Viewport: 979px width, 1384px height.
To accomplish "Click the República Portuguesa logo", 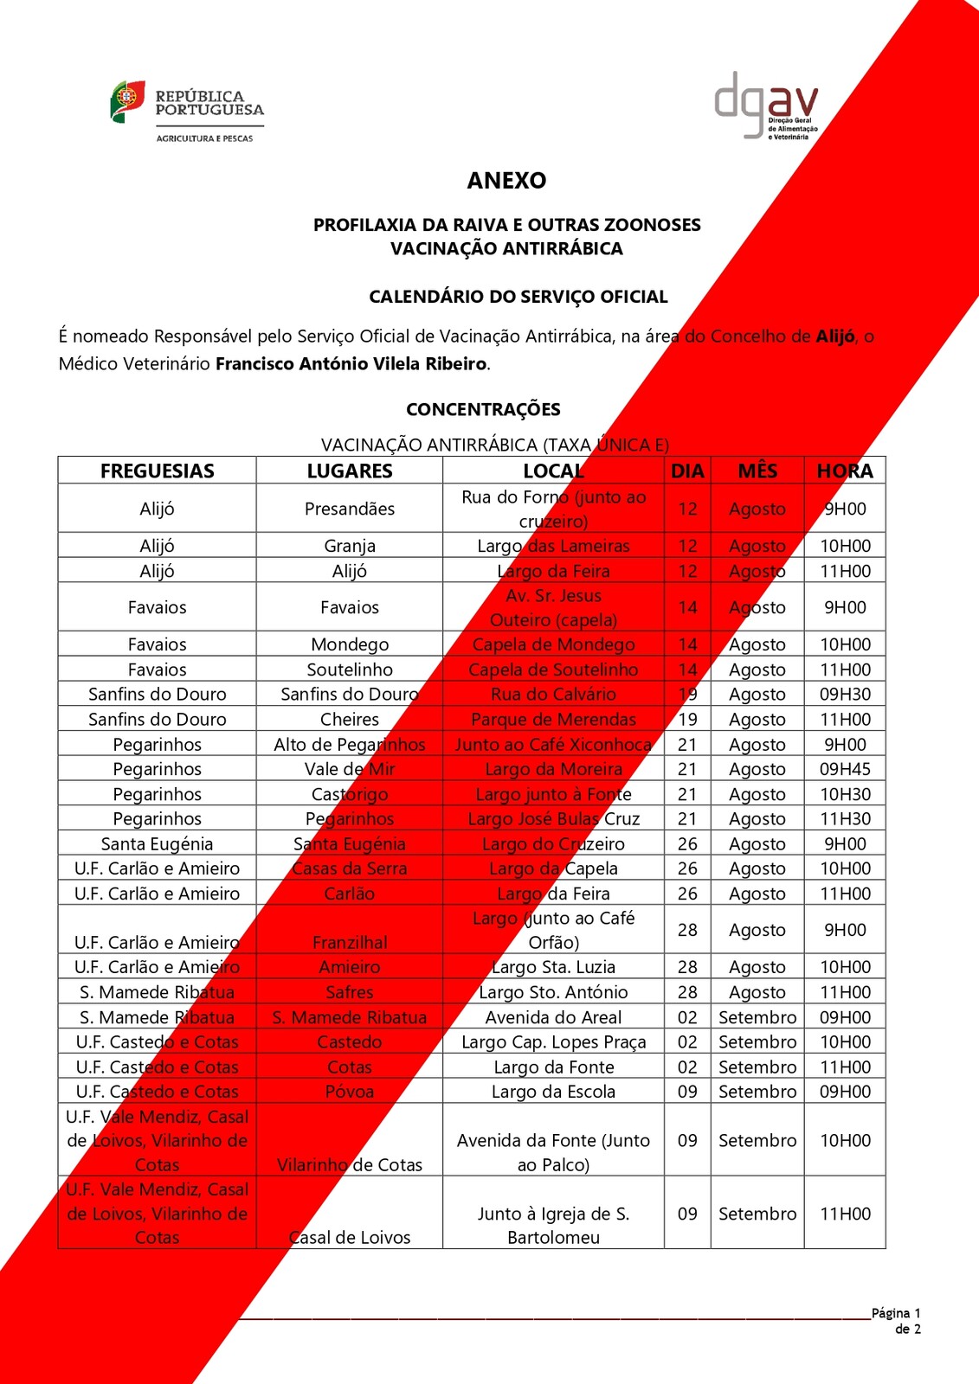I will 187,111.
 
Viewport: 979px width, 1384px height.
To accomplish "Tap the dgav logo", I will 766,106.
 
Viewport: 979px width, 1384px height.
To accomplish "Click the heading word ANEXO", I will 506,180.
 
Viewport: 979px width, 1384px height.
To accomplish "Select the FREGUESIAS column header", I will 158,471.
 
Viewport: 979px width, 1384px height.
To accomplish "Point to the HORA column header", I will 845,471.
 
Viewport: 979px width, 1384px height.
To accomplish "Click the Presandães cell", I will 350,509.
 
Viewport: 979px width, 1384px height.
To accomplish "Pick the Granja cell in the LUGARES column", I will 350,546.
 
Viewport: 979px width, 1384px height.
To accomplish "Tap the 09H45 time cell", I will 845,769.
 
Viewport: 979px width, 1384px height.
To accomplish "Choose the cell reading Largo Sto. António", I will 553,992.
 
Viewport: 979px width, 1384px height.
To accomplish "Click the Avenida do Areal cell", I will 553,1017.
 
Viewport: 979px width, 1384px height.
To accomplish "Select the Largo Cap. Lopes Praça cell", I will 553,1042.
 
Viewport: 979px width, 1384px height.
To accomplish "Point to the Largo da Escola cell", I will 553,1092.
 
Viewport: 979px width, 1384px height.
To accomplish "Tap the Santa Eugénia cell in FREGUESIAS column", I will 158,843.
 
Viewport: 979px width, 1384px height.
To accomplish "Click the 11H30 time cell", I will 845,818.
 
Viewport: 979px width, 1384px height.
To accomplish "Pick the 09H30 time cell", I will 845,694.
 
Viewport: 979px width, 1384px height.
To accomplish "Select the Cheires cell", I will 350,719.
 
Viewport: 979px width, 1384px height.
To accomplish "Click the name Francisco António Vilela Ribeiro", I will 351,364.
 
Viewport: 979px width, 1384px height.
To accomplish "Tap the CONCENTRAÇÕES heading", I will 483,409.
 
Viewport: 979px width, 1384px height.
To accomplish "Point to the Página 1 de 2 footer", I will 897,1321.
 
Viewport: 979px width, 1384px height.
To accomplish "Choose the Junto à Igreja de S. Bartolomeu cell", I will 553,1226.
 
